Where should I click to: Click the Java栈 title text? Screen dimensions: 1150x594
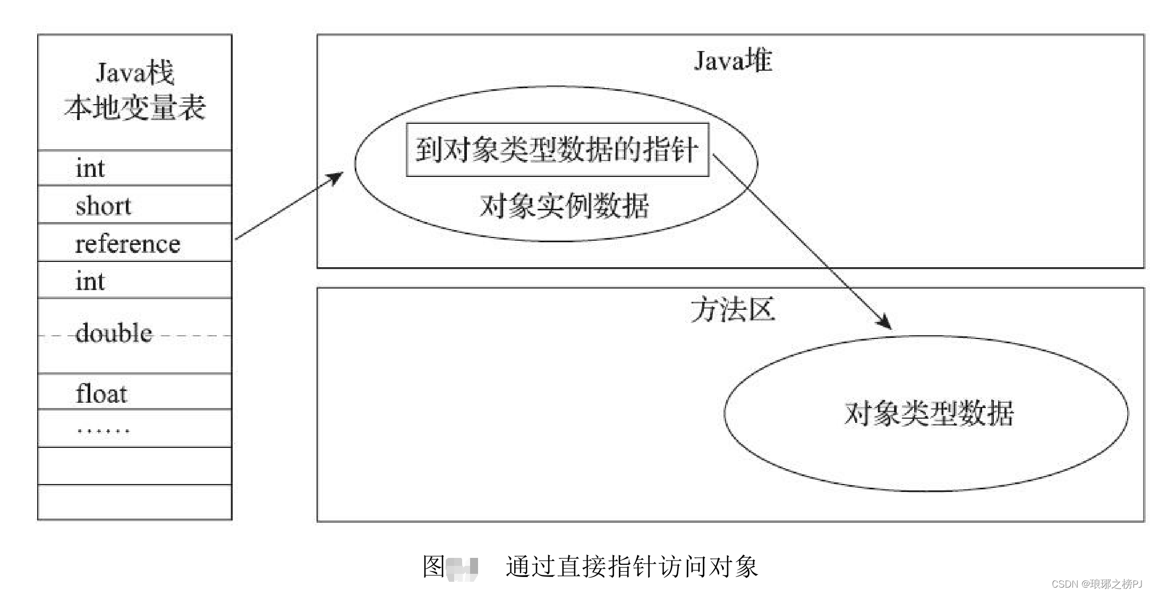pyautogui.click(x=135, y=73)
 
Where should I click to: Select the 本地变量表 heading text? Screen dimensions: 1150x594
pyautogui.click(x=135, y=108)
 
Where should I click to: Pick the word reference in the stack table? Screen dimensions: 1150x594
pyautogui.click(x=127, y=244)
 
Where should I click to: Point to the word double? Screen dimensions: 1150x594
pyautogui.click(x=114, y=334)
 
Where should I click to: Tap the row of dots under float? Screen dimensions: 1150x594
pyautogui.click(x=103, y=430)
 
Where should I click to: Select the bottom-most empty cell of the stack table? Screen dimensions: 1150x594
pyautogui.click(x=135, y=502)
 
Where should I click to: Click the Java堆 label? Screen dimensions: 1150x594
pyautogui.click(x=733, y=61)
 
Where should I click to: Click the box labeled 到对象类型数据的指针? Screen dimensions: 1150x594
pyautogui.click(x=557, y=149)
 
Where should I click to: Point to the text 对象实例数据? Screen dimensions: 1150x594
pyautogui.click(x=564, y=206)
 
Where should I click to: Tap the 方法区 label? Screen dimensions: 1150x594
pyautogui.click(x=733, y=310)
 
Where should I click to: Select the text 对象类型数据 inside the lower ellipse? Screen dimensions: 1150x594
pyautogui.click(x=929, y=413)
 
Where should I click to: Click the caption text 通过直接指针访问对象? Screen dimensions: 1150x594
pyautogui.click(x=632, y=566)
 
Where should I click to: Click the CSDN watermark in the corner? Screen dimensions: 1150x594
pyautogui.click(x=1096, y=584)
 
